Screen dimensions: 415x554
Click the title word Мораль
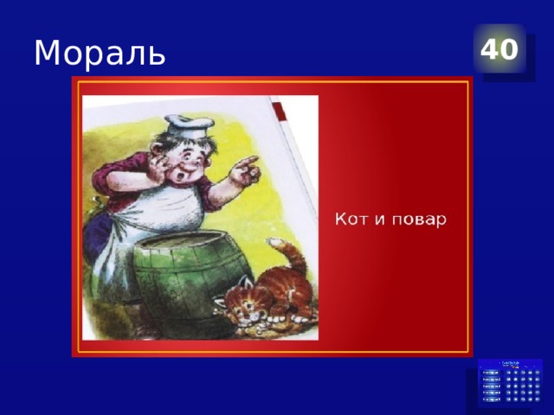click(100, 54)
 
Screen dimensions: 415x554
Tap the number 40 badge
click(499, 49)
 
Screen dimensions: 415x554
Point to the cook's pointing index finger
click(251, 161)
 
